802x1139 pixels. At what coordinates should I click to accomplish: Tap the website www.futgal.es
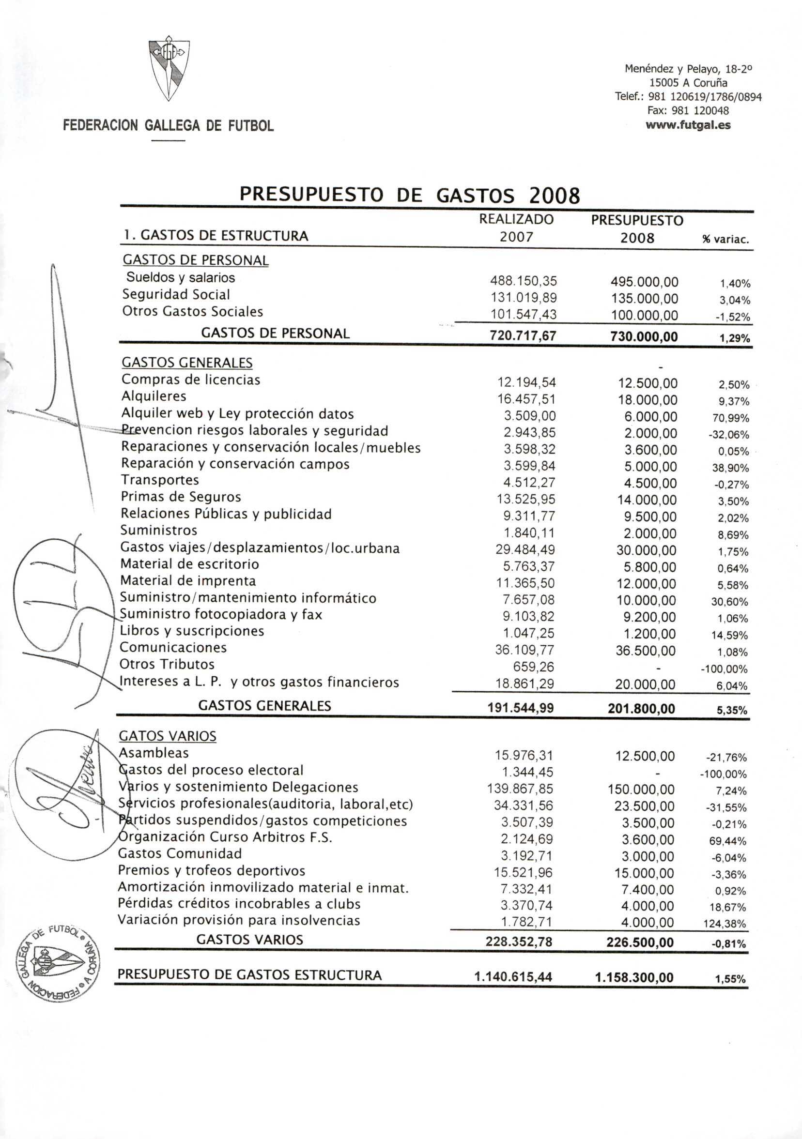(688, 125)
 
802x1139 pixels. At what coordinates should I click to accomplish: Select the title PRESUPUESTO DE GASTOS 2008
(409, 195)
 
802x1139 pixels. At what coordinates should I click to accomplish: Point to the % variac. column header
(725, 240)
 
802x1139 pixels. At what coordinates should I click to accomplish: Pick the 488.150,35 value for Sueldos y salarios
(524, 281)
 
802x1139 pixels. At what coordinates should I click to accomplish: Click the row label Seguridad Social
(176, 295)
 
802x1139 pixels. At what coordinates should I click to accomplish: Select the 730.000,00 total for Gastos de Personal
(644, 337)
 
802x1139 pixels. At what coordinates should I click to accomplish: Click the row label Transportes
(160, 480)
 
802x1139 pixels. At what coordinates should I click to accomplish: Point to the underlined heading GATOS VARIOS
(168, 736)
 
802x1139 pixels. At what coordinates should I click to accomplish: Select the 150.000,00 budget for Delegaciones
(641, 789)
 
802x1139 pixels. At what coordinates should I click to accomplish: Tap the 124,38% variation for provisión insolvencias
(725, 924)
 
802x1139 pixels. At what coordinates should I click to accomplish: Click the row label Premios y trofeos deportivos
(212, 871)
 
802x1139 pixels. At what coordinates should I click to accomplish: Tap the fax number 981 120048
(688, 111)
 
